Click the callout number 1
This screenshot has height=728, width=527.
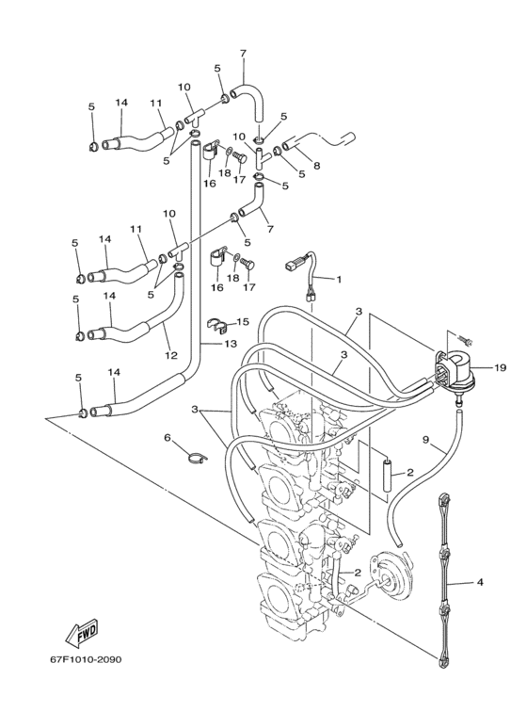point(340,280)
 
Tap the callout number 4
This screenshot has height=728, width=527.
point(479,583)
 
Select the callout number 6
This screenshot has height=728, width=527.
point(167,438)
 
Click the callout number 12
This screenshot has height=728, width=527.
point(169,355)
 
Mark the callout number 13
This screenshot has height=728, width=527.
point(232,344)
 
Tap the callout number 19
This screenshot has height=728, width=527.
point(500,369)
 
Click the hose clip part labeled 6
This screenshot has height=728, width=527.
point(194,459)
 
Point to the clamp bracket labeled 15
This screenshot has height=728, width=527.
point(218,327)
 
